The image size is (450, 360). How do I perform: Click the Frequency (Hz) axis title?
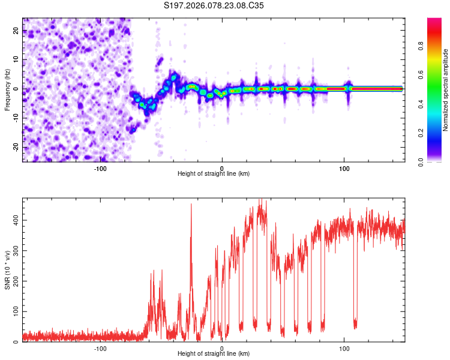(7, 90)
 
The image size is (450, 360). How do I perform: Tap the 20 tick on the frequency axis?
(16, 32)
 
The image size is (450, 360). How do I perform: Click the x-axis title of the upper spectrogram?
(214, 174)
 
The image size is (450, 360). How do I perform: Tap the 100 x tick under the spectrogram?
(344, 169)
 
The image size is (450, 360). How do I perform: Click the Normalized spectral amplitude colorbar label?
(445, 90)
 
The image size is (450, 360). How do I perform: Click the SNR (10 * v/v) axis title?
(7, 270)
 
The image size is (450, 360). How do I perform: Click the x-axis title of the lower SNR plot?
(214, 354)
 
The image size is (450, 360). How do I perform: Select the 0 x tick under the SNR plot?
(222, 349)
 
